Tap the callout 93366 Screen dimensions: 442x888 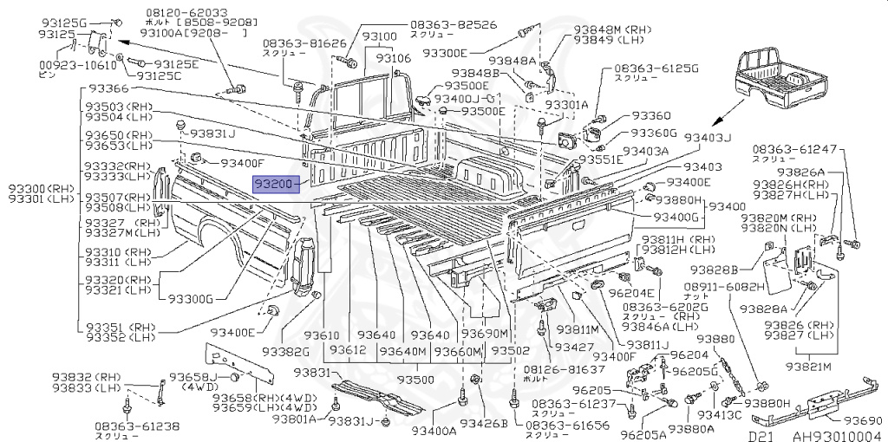tap(107, 88)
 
